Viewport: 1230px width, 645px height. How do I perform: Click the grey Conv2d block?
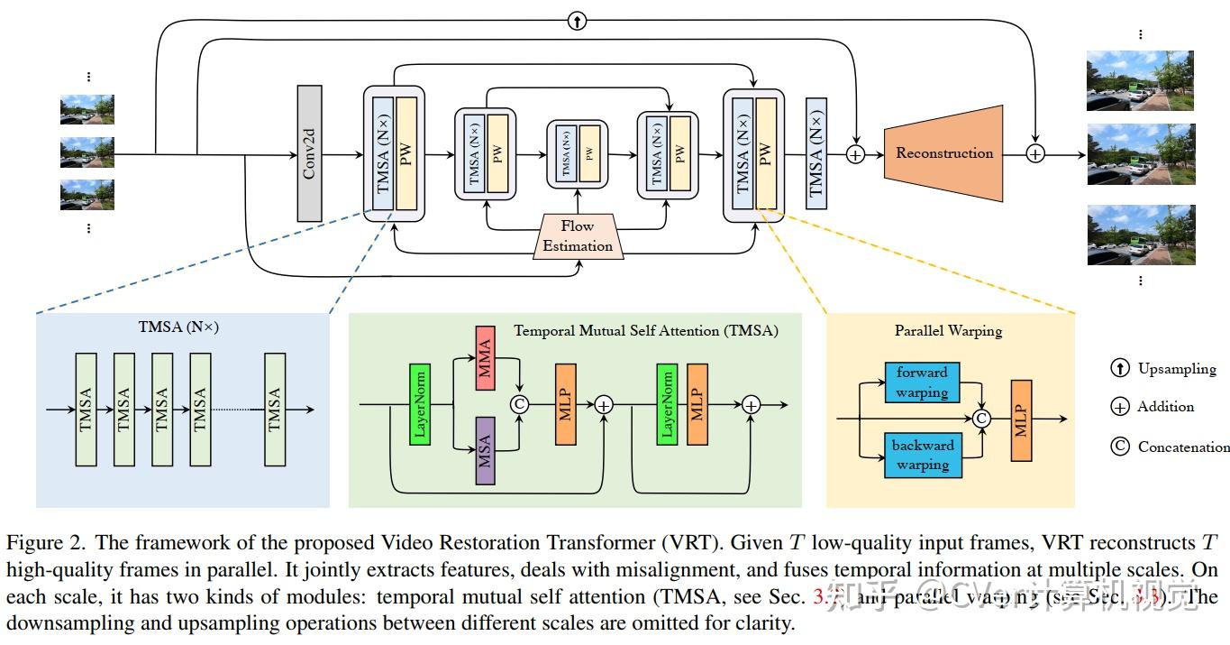[x=309, y=153]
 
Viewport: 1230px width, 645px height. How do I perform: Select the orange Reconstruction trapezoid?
[x=944, y=153]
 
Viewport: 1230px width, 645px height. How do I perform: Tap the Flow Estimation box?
[x=577, y=235]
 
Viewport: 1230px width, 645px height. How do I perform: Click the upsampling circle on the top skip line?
[x=577, y=21]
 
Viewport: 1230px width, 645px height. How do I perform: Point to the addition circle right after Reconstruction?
[x=1035, y=154]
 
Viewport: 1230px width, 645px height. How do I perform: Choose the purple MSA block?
[x=484, y=446]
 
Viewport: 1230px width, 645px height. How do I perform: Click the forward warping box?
[x=921, y=382]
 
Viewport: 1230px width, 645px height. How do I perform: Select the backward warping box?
[x=921, y=455]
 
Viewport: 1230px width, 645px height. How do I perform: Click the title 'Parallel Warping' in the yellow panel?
[x=948, y=331]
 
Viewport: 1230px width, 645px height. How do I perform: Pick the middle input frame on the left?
[x=87, y=152]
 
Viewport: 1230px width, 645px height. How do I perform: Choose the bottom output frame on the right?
[x=1140, y=235]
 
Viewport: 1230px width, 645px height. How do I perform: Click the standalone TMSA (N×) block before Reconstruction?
[x=816, y=153]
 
